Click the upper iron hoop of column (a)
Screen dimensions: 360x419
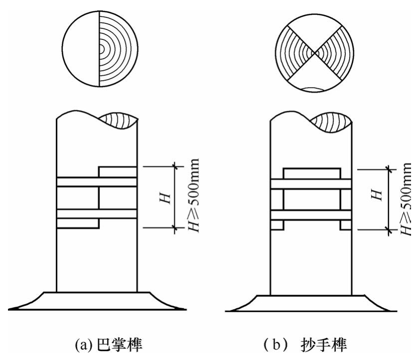(97, 182)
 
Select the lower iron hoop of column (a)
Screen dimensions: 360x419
(97, 214)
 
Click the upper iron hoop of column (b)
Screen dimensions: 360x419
(312, 184)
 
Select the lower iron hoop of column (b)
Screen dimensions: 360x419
(312, 216)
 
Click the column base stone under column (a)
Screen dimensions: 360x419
(97, 301)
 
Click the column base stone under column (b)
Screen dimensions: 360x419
(311, 303)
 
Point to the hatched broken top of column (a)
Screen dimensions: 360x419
(118, 121)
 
